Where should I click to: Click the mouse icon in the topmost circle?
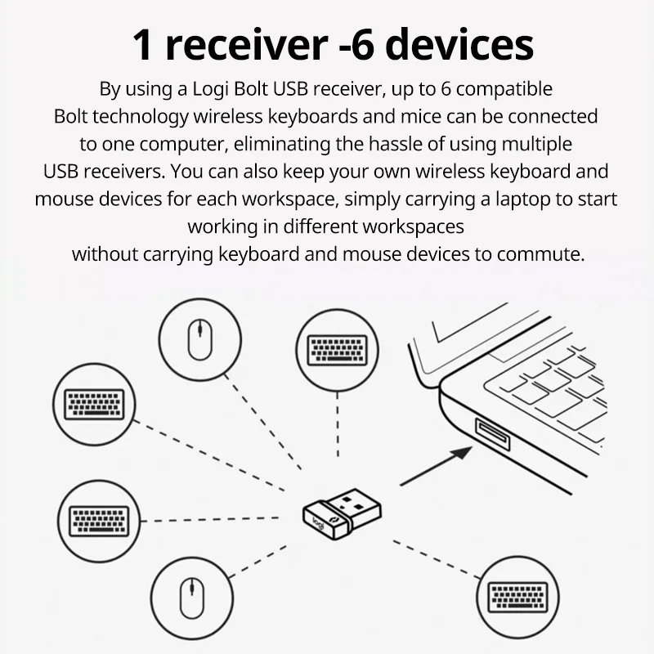[196, 341]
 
